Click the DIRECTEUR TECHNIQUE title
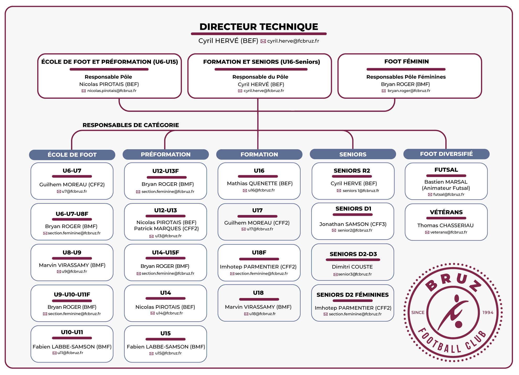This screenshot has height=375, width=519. pos(259,27)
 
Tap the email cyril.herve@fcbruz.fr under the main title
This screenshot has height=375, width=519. pos(293,41)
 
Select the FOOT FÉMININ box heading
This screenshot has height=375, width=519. pos(407,62)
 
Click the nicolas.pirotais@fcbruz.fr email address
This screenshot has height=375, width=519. pos(112,91)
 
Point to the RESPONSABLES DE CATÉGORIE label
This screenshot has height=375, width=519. pos(131,125)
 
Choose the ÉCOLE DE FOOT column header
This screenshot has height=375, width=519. pos(72,155)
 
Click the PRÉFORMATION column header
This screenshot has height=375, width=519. pos(166,155)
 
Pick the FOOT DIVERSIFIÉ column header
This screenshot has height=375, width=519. pos(446,154)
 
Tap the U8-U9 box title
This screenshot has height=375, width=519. pos(72,252)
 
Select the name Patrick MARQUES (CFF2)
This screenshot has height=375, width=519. pos(166,228)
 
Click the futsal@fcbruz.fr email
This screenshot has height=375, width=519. pos(449,194)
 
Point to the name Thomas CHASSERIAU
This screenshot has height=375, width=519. pos(445,225)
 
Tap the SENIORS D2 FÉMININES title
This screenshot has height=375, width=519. pos(353,295)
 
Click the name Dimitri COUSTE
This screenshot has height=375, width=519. pos(352,267)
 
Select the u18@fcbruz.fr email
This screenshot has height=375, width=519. pos(262,314)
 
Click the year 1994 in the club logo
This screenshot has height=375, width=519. pos(488,313)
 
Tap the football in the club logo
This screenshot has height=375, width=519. pos(459,324)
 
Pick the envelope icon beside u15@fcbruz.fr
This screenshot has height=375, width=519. pos(152,354)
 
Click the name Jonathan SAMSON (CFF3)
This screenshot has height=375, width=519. pos(353,224)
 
